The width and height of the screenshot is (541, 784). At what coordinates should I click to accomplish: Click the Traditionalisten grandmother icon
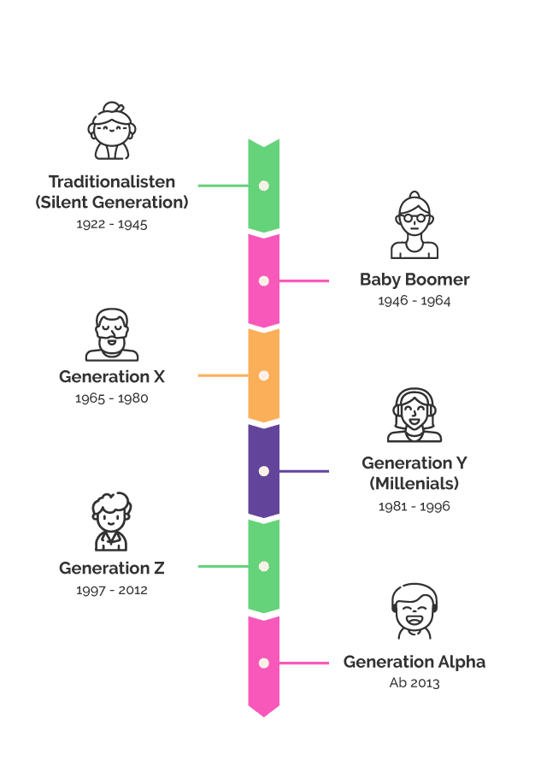(112, 131)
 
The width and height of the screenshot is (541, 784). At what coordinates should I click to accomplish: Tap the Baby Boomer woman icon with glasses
(415, 225)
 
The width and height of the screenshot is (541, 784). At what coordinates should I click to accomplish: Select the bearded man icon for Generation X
(112, 334)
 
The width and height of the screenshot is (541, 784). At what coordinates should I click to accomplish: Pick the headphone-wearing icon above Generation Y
(415, 415)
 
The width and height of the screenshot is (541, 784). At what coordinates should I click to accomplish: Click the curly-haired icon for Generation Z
(111, 522)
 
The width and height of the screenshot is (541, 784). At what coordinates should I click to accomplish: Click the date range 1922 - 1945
(112, 224)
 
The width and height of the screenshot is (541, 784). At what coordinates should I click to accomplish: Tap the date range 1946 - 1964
(415, 300)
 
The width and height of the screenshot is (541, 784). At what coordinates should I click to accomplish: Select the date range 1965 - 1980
(111, 398)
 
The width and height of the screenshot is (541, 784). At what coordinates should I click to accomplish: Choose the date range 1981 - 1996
(415, 506)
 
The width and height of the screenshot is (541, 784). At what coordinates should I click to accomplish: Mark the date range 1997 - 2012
(112, 590)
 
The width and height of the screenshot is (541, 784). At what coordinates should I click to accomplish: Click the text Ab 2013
(415, 682)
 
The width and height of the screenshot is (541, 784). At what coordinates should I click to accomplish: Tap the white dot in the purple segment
(264, 471)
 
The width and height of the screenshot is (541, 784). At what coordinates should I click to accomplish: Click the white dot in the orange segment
(264, 375)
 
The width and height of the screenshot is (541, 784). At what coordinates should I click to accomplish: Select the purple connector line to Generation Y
(304, 471)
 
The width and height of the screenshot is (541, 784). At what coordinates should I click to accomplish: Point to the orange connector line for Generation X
(224, 375)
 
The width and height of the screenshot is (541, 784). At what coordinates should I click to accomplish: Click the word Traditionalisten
(112, 181)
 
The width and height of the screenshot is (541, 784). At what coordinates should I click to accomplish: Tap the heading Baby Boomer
(415, 280)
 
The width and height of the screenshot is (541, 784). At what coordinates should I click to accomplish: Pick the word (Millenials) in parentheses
(415, 484)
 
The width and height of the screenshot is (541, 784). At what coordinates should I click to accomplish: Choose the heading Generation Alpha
(415, 662)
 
